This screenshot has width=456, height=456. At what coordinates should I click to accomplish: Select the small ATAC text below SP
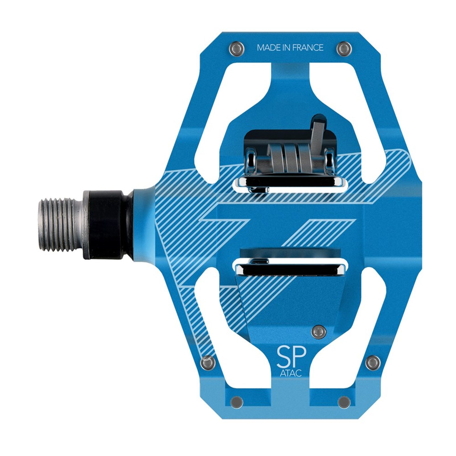[291, 373]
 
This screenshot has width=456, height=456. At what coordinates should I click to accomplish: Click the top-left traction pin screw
[237, 49]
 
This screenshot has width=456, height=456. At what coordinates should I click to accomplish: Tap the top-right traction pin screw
[344, 49]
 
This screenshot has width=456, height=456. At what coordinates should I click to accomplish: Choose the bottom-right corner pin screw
[344, 402]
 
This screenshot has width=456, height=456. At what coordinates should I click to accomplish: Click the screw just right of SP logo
[319, 331]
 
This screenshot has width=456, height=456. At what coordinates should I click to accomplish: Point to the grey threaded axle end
[62, 225]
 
